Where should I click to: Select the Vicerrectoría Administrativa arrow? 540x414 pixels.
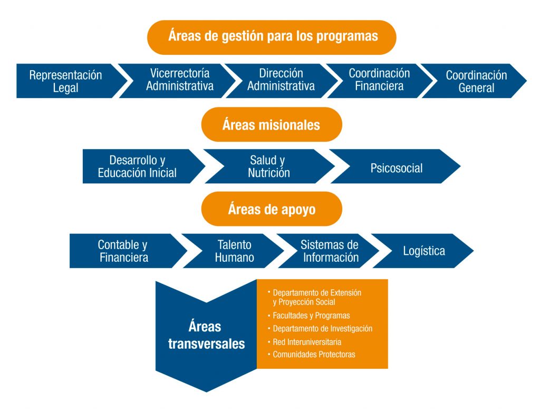click(179, 81)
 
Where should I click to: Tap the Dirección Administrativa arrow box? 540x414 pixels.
click(281, 81)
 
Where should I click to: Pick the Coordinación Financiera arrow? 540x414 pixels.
click(379, 81)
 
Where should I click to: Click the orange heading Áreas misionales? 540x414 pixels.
click(272, 124)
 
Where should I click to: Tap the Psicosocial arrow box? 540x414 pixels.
click(396, 166)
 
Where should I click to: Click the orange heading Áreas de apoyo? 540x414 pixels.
click(272, 209)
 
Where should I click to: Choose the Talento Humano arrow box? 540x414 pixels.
click(234, 251)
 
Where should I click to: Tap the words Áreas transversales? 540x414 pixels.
click(206, 335)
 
